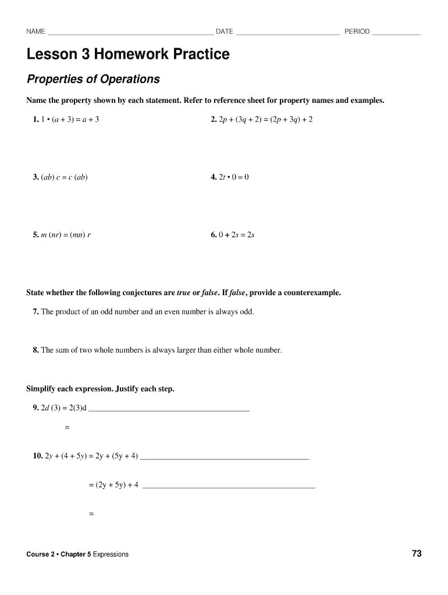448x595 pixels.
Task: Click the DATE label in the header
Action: tap(224, 31)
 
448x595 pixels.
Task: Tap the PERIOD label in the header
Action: tap(357, 31)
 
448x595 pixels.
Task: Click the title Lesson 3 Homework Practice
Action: tap(128, 55)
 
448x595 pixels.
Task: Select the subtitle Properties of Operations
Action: tap(93, 79)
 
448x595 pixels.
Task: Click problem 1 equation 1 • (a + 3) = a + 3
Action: tap(70, 119)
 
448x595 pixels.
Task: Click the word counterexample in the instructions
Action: tap(309, 293)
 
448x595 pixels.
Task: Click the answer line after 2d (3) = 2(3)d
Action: tap(168, 410)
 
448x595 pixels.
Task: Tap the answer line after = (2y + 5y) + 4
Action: tap(229, 486)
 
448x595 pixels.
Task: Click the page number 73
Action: tap(417, 554)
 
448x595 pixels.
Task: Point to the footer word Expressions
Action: tap(111, 554)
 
